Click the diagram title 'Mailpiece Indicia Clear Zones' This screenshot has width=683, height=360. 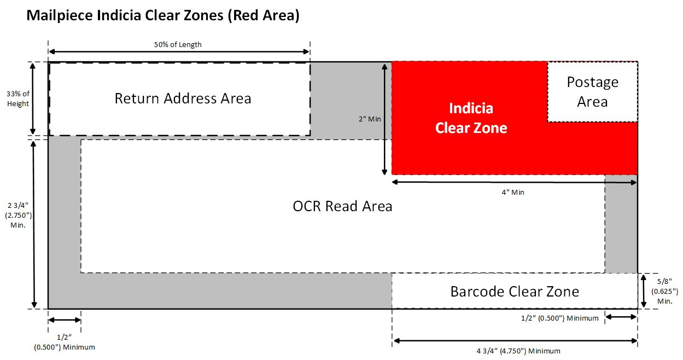pyautogui.click(x=163, y=15)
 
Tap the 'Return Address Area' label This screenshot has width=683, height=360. pyautogui.click(x=183, y=98)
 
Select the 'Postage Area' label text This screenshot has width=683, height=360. pyautogui.click(x=592, y=92)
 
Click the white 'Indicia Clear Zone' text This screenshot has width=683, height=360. pyautogui.click(x=471, y=118)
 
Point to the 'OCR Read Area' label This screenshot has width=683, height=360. pyautogui.click(x=342, y=206)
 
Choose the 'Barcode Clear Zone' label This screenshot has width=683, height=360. pyautogui.click(x=515, y=291)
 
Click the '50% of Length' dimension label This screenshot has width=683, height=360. pyautogui.click(x=178, y=44)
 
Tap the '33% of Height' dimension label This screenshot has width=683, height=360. pyautogui.click(x=18, y=98)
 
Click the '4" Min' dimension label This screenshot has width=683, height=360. pyautogui.click(x=515, y=192)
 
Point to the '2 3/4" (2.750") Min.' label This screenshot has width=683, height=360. pyautogui.click(x=18, y=214)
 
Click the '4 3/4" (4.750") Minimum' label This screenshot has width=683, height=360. pyautogui.click(x=514, y=351)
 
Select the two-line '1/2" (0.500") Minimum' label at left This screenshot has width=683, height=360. pyautogui.click(x=65, y=342)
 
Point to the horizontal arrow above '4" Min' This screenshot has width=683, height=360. pyautogui.click(x=515, y=182)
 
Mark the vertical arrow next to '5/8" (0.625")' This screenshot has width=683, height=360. pyautogui.click(x=644, y=291)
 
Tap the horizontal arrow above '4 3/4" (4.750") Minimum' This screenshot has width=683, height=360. pyautogui.click(x=515, y=341)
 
